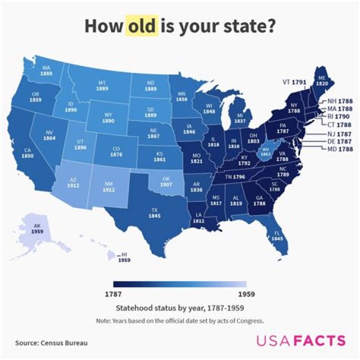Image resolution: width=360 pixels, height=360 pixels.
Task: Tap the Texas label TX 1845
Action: coord(154,212)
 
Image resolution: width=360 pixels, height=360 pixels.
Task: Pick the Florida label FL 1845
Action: coord(277,235)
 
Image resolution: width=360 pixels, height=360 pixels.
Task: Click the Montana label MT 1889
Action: coord(102,85)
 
